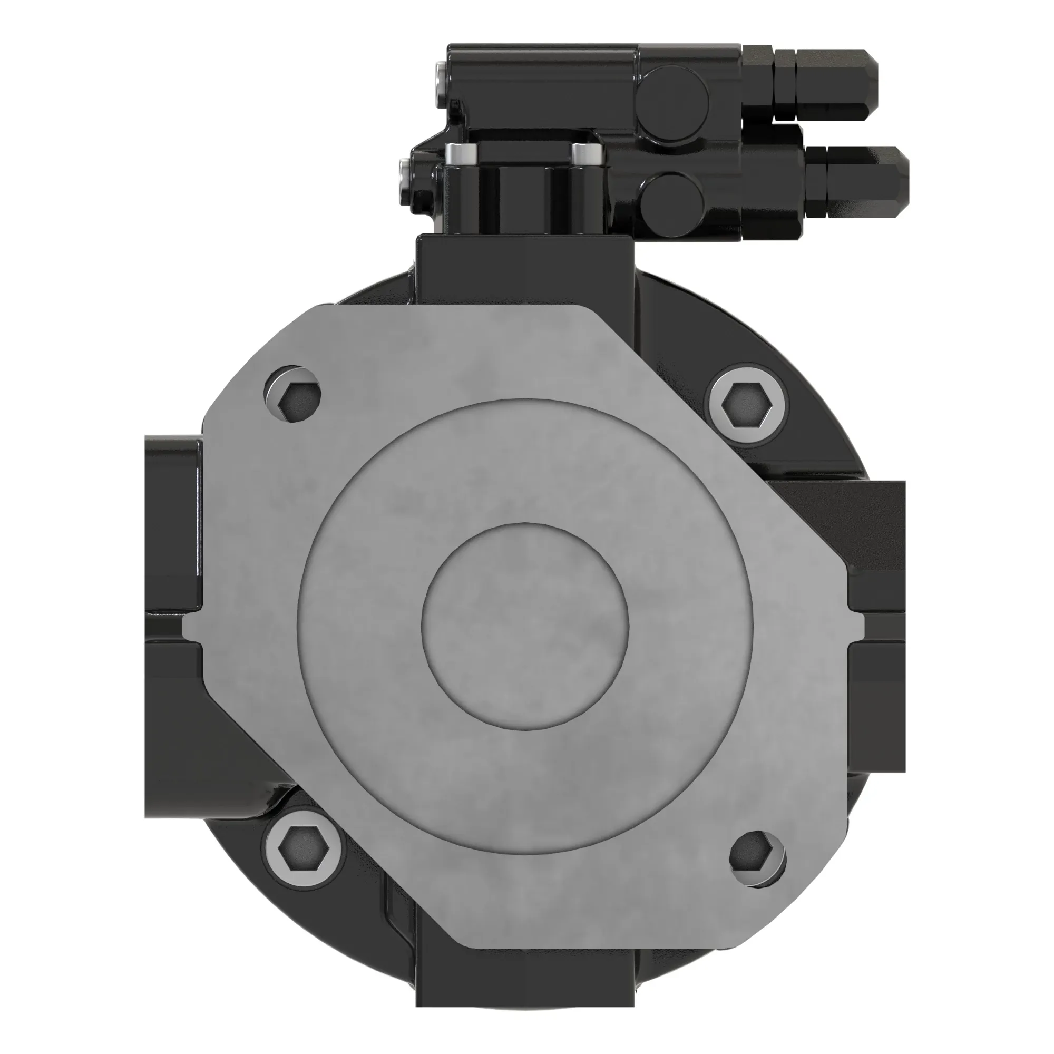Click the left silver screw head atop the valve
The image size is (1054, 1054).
pos(462,153)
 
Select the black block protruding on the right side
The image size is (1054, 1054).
pos(879,545)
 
